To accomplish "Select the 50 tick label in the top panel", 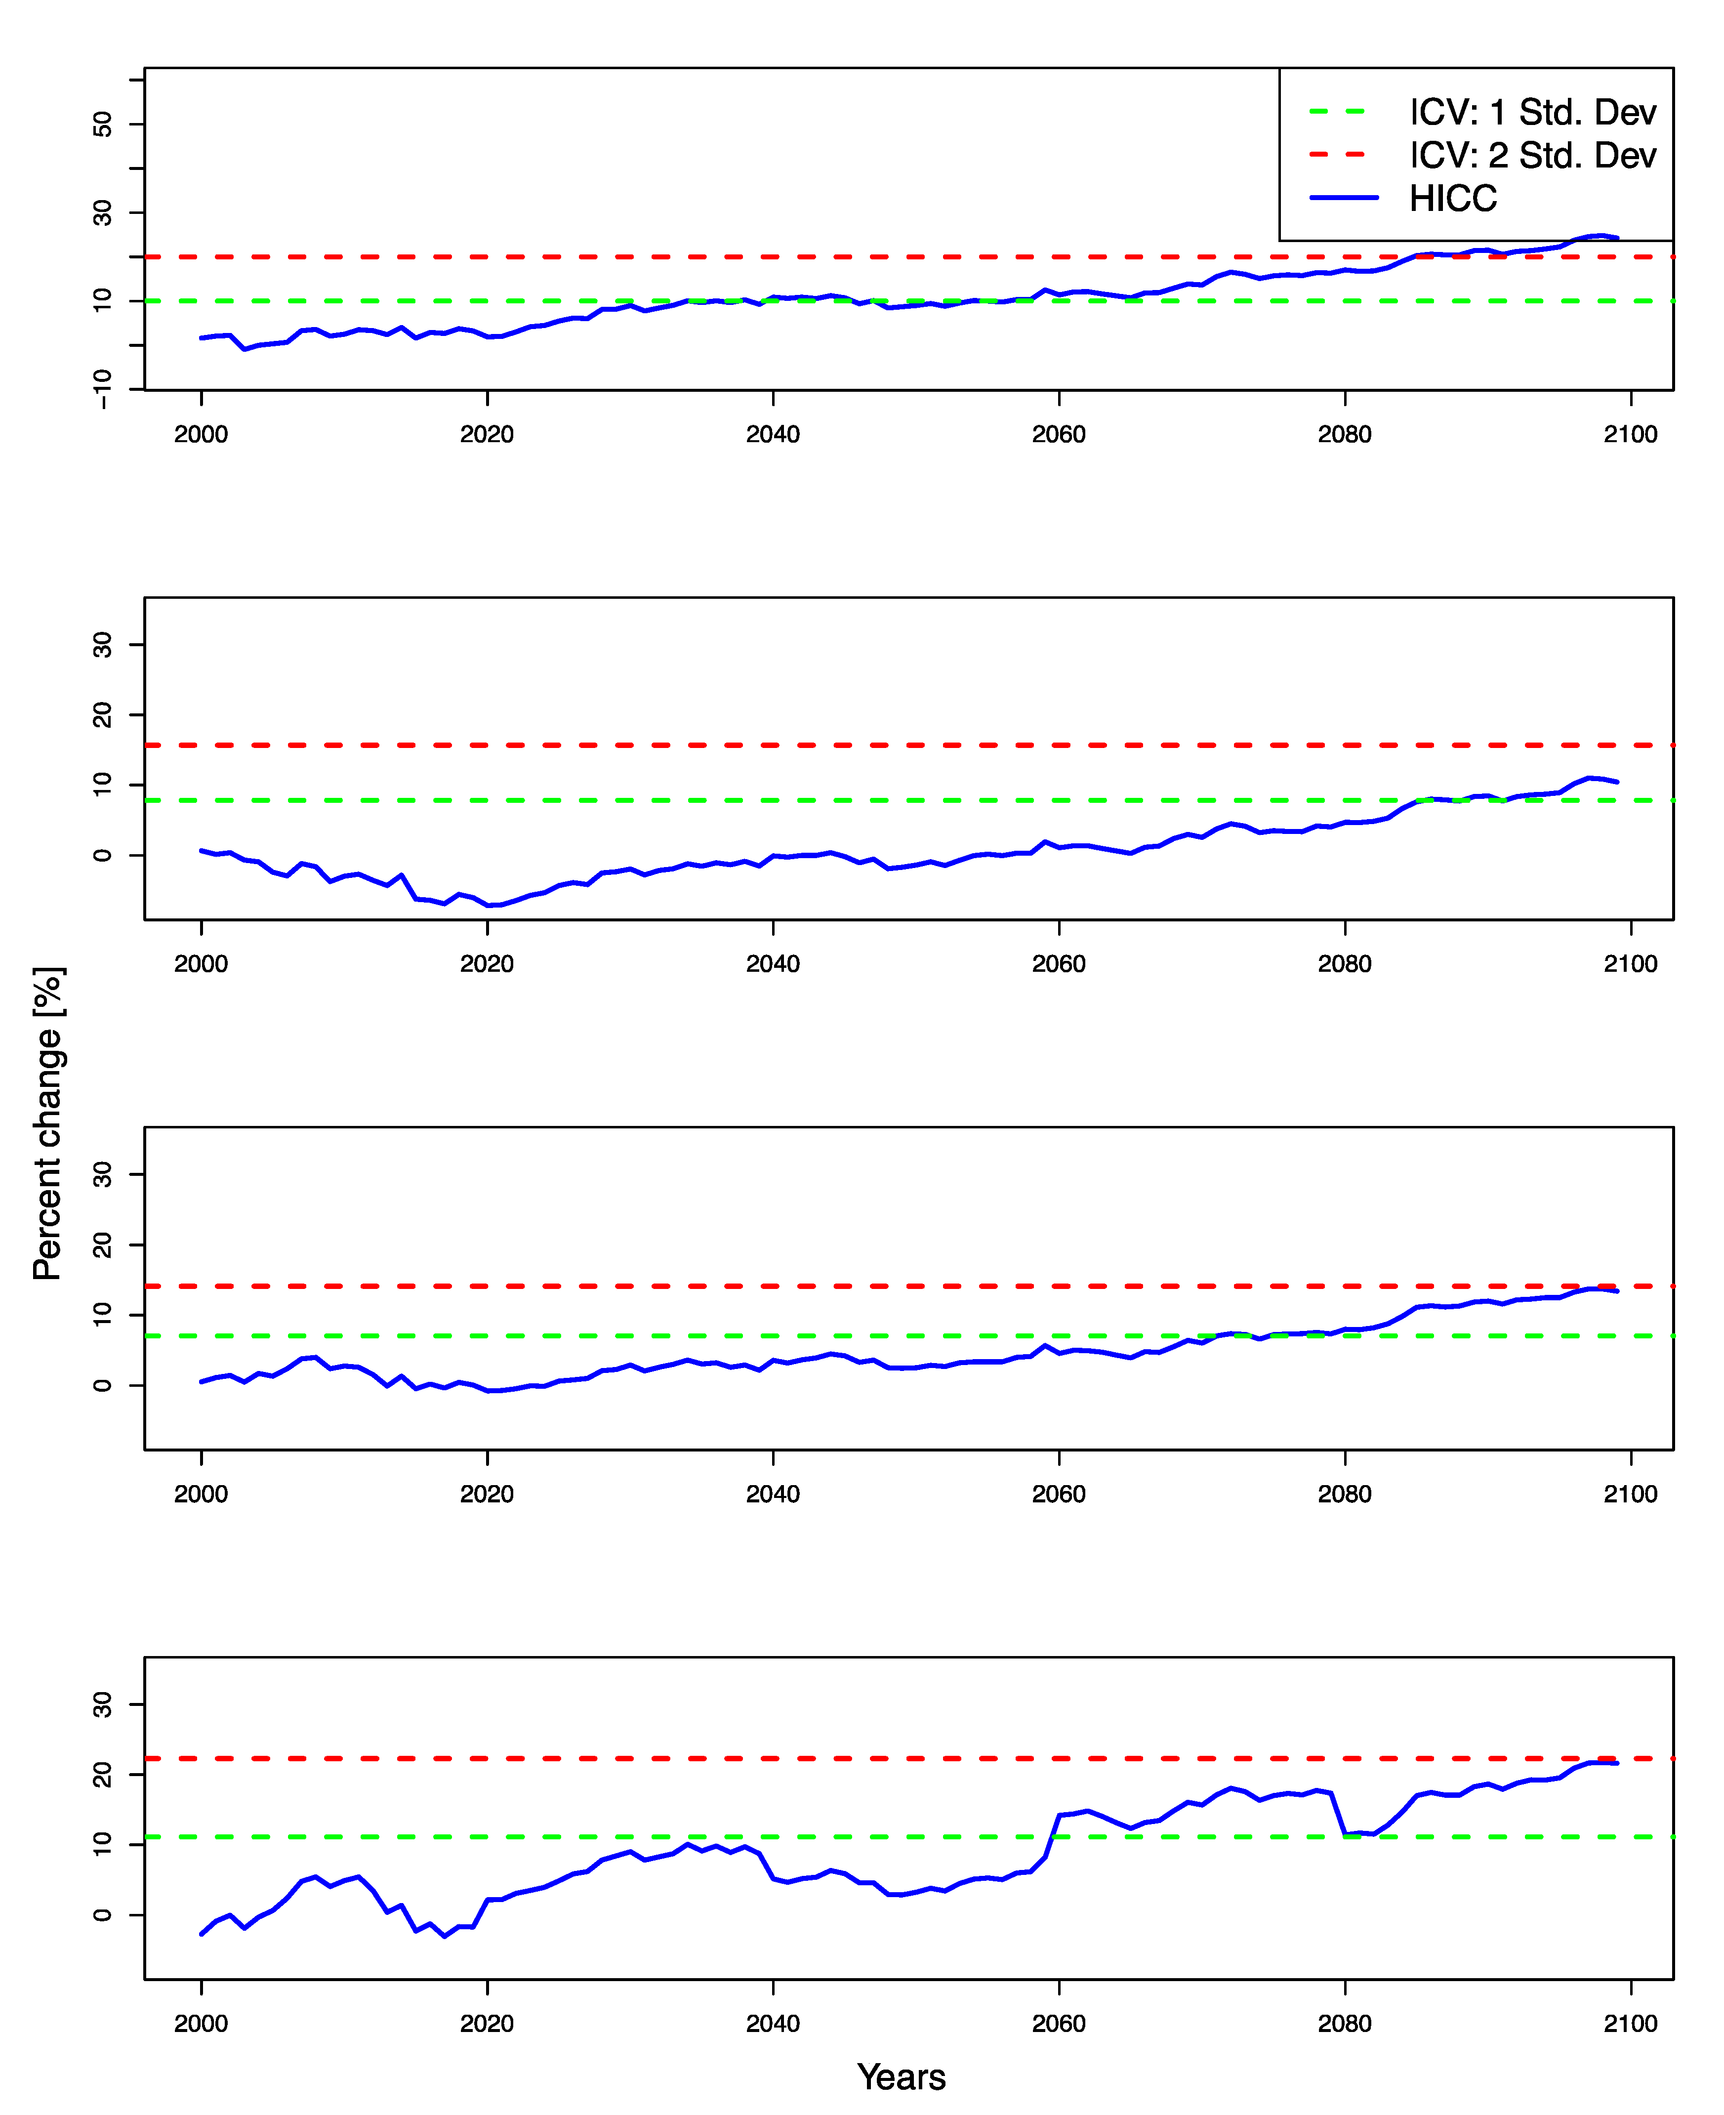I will (102, 124).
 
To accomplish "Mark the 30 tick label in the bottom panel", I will (102, 1705).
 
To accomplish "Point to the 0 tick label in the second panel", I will (102, 855).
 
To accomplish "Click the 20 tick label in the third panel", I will (102, 1245).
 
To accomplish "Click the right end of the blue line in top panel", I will (1617, 238).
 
